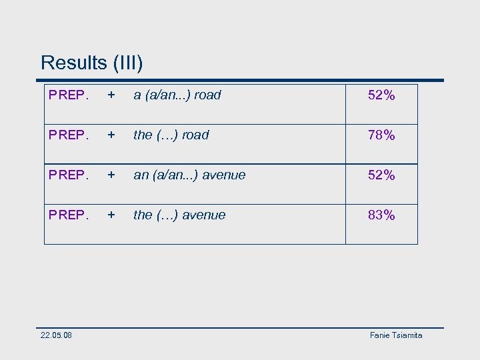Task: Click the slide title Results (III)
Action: [x=91, y=63]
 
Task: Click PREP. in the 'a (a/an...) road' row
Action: [x=69, y=95]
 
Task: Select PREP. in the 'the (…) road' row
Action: [x=69, y=135]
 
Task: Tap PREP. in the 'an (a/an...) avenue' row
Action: [x=69, y=175]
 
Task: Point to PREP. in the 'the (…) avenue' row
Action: [x=69, y=215]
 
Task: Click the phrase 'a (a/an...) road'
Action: [x=177, y=95]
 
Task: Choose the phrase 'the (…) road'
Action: [x=171, y=135]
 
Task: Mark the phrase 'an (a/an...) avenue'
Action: [x=189, y=175]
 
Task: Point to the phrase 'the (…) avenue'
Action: [x=179, y=215]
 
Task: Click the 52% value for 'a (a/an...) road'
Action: [x=381, y=95]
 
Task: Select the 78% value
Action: [x=381, y=135]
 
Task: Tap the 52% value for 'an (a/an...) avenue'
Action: [x=381, y=175]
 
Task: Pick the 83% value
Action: [x=381, y=215]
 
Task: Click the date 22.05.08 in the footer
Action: [x=57, y=335]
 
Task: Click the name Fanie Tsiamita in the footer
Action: [x=396, y=335]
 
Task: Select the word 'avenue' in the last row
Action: [x=204, y=215]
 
